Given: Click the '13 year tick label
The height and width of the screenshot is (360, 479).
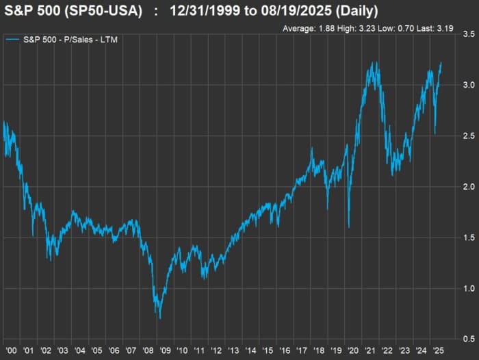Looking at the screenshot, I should pos(233,350).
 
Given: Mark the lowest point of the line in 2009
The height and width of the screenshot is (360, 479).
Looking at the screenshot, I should pos(160,318).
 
